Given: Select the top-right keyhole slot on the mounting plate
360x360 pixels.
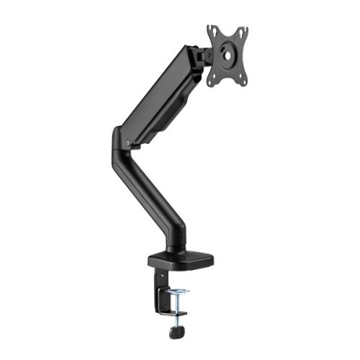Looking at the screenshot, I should point(243,33).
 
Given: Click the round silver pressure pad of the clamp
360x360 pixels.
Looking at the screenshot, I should point(178,292).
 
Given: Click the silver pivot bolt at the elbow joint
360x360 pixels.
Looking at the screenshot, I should point(128,143).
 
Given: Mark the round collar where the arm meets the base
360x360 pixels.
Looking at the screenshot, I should point(175,247).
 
